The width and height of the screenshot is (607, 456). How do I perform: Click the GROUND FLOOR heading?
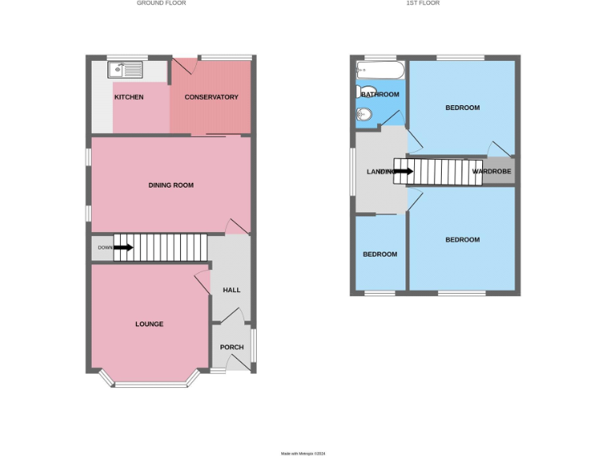pos(161,3)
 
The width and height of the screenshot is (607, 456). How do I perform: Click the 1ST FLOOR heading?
pos(423,3)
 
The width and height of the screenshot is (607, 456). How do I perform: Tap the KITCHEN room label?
pos(129,97)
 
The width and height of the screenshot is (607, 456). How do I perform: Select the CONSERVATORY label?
pos(211,97)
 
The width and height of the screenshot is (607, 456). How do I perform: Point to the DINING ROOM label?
pos(171,185)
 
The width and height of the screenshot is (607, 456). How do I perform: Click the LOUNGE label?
pos(149,324)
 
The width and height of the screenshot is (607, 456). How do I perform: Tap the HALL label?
pos(232,291)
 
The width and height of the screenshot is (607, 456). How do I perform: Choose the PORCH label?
pos(232,348)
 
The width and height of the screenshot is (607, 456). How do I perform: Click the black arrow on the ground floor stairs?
pos(123,248)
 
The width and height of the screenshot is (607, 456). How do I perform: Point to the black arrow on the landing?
pos(402,171)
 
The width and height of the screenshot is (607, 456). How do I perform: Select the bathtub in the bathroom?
pos(380,70)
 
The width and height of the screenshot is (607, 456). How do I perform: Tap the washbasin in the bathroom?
pos(364,116)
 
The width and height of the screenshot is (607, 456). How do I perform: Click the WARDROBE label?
pos(492,171)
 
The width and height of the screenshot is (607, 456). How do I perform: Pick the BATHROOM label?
pos(380,95)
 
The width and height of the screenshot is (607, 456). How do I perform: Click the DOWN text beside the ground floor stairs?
pos(104,248)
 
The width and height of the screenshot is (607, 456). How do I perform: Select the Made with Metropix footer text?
pos(303,454)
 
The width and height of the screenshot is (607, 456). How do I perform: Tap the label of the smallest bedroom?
pos(380,254)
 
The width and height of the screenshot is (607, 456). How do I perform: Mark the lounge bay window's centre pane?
pos(149,386)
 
